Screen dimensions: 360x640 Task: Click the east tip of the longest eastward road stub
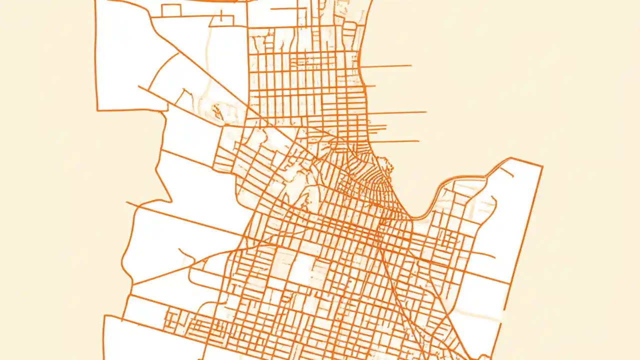(x=426, y=112)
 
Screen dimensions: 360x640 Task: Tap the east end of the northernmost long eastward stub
(x=411, y=65)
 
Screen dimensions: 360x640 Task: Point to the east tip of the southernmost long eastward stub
(x=418, y=141)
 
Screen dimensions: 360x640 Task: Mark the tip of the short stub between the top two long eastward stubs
(x=374, y=86)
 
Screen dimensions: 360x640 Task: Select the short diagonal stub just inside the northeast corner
(x=506, y=172)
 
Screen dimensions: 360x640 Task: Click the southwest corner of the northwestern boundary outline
(x=97, y=109)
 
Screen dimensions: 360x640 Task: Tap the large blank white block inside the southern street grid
(x=301, y=270)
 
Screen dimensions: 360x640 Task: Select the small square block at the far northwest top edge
(x=170, y=10)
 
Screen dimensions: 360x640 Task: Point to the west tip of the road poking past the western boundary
(x=126, y=202)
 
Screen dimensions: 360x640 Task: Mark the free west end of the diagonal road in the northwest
(x=138, y=86)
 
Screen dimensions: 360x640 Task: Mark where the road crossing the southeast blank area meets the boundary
(x=509, y=283)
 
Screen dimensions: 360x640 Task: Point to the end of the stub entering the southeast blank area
(x=494, y=257)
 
